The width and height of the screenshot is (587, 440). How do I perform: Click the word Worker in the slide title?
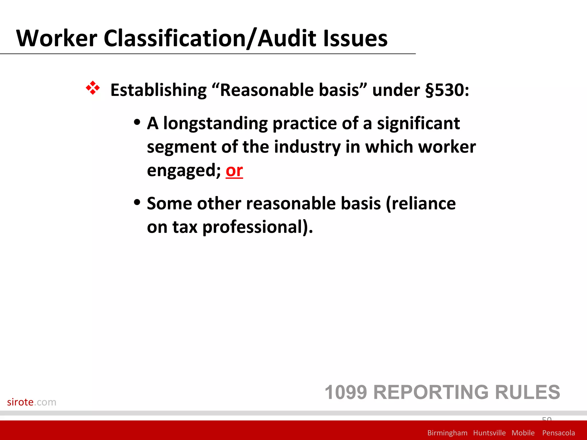click(57, 38)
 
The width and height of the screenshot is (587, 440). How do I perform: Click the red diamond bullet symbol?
click(93, 88)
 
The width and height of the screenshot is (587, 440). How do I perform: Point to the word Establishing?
click(158, 90)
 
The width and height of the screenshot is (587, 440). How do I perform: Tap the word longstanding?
click(215, 123)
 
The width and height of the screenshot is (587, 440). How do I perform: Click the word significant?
click(418, 123)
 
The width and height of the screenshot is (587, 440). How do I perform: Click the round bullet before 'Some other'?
click(137, 203)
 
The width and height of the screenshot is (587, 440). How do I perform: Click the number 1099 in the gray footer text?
click(346, 392)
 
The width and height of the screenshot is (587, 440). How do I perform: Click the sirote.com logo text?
click(32, 402)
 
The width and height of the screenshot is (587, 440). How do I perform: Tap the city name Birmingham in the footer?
click(447, 433)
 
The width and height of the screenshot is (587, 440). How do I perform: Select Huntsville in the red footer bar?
click(489, 433)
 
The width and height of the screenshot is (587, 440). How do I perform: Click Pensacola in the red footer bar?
click(558, 433)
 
